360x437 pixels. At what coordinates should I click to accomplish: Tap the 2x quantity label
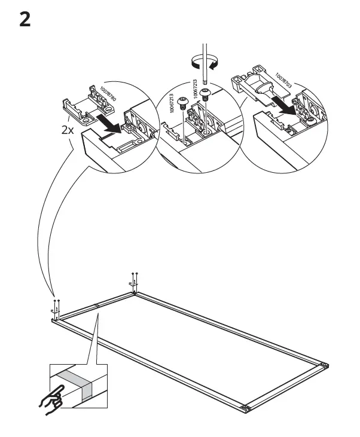point(69,129)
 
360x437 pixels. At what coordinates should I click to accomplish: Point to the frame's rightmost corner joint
point(325,365)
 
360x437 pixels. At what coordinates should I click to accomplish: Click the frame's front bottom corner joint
point(245,408)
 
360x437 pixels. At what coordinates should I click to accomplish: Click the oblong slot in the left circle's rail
point(127,145)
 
